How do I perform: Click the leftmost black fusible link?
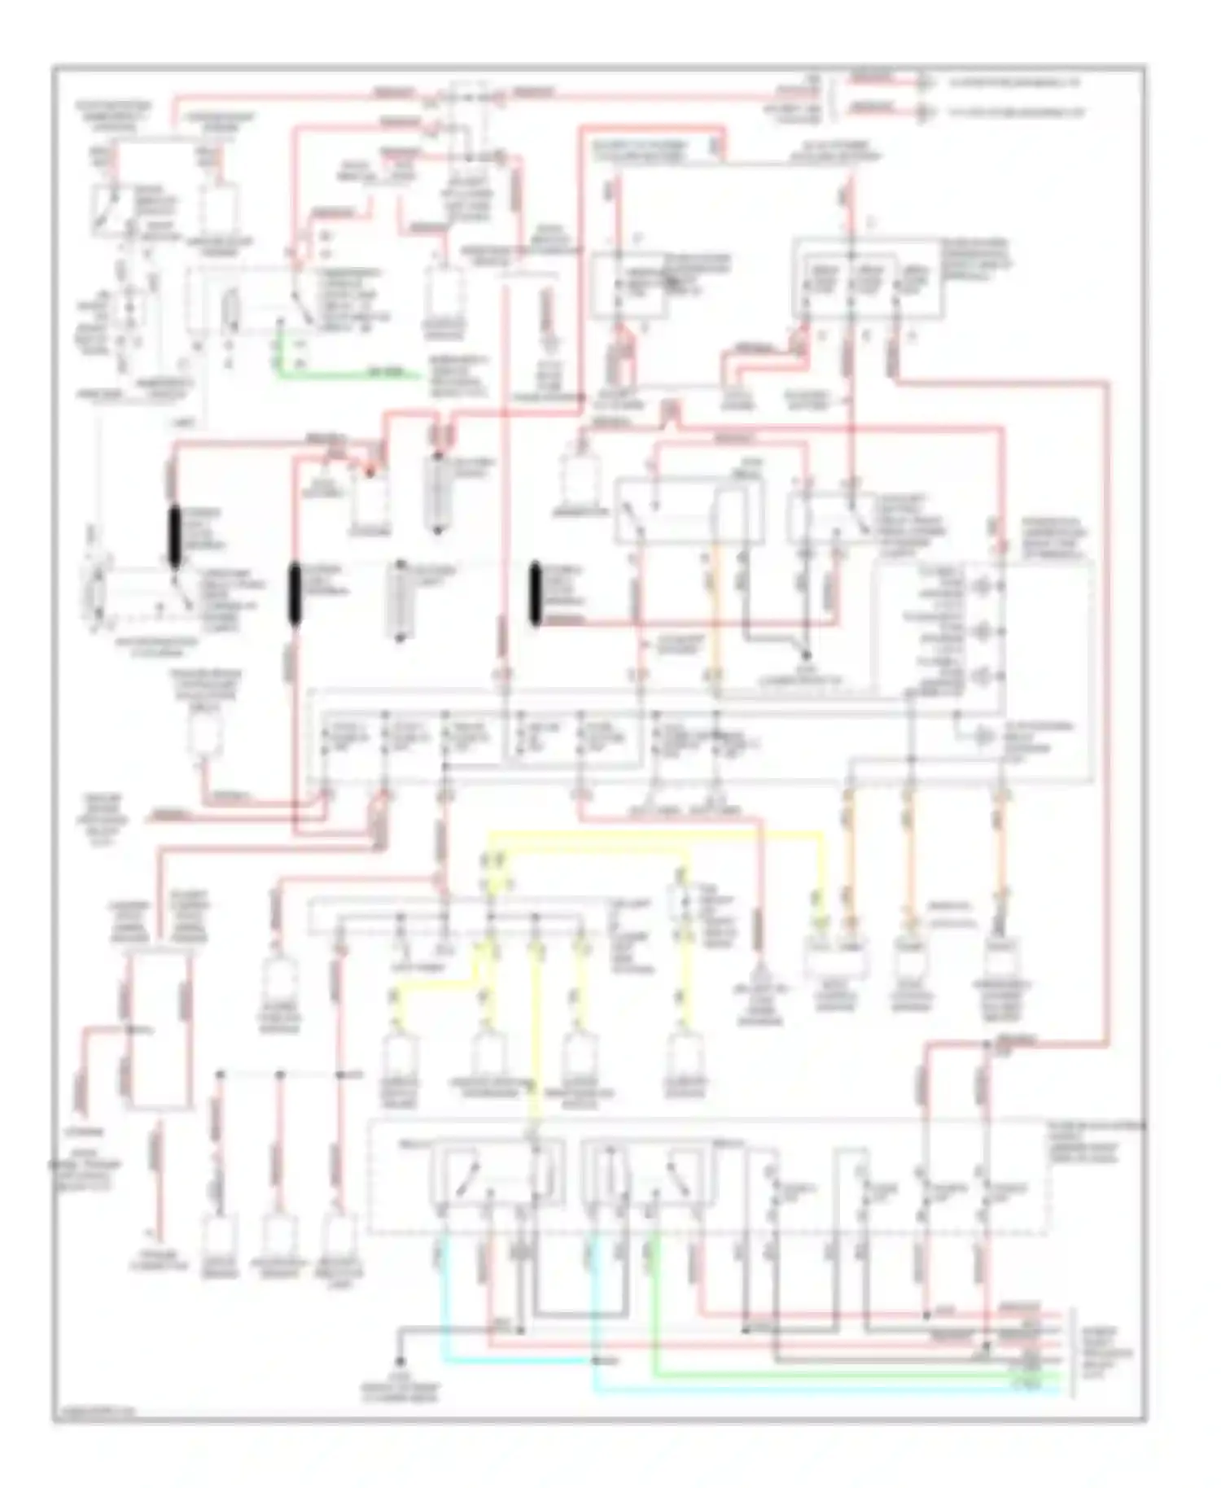point(175,536)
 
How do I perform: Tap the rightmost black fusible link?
point(536,594)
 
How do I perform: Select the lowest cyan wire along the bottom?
point(814,1390)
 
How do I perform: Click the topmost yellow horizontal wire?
point(651,833)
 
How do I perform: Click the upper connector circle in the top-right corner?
point(922,82)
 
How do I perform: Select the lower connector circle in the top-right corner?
point(922,112)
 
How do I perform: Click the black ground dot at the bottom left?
point(400,1362)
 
